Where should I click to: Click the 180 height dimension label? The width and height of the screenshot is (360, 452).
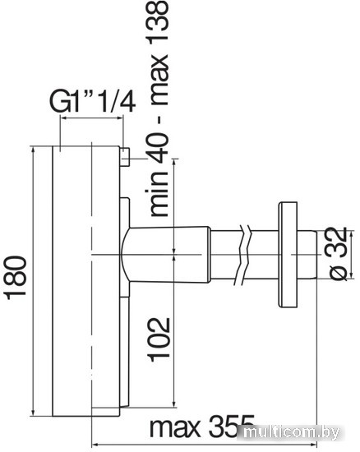[16, 278]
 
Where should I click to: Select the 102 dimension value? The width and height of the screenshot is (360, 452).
[159, 339]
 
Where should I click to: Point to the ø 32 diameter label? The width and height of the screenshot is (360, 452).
[338, 253]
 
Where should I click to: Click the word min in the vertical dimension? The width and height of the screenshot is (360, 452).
[158, 193]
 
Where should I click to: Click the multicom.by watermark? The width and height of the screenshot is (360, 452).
[292, 432]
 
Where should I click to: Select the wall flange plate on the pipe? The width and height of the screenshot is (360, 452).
[288, 254]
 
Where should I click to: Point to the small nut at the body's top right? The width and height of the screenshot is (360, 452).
[125, 157]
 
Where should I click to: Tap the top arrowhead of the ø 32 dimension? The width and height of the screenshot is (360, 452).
[351, 235]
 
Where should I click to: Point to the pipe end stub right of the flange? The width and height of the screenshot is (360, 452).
[307, 254]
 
